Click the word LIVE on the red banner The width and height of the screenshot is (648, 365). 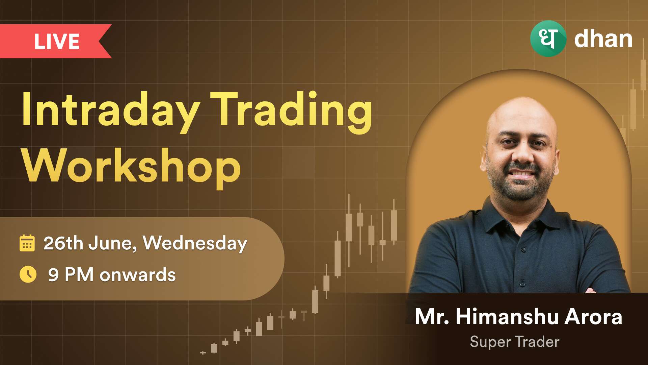[x=57, y=42]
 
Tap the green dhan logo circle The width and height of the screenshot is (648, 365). [x=548, y=39]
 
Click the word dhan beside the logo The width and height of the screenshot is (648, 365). [x=603, y=39]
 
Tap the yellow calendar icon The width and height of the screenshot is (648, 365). [x=27, y=243]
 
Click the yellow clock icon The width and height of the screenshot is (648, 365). [x=28, y=274]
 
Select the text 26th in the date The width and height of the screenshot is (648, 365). [x=63, y=243]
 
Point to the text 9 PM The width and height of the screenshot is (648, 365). [x=71, y=274]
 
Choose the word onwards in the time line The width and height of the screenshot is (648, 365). [x=138, y=275]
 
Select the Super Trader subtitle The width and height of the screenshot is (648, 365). [x=515, y=342]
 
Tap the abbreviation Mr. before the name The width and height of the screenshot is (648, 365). [x=432, y=317]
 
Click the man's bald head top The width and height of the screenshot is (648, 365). [x=521, y=108]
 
